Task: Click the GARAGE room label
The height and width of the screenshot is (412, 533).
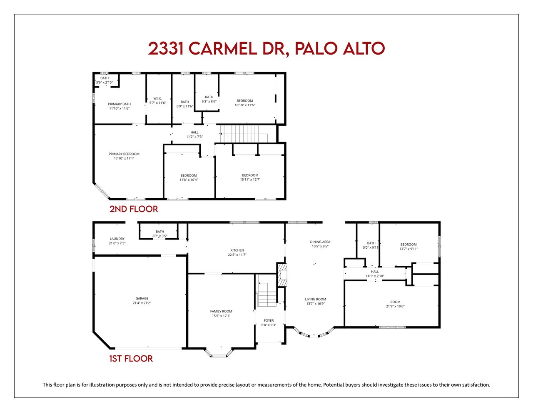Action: [142, 298]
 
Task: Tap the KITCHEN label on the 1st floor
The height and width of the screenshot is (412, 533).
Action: [237, 250]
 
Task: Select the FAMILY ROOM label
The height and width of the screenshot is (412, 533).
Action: [221, 311]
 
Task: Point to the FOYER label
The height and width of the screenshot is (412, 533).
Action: [269, 320]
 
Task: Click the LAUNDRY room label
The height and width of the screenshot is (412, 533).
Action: [117, 239]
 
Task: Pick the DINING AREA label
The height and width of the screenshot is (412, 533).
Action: [320, 242]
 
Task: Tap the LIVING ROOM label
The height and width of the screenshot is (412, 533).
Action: [315, 300]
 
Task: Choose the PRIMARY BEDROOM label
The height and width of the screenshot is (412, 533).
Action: [124, 154]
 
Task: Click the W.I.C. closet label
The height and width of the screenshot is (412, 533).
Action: [157, 98]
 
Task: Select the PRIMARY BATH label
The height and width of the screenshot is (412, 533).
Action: [119, 104]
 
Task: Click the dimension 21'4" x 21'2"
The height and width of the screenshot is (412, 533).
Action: [142, 303]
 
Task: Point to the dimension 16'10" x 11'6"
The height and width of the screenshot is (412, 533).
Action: [244, 105]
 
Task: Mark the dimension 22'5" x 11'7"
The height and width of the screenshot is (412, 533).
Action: [237, 255]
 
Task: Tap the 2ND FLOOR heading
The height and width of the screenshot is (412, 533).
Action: [133, 209]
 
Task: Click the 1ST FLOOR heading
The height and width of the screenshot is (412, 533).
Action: [131, 359]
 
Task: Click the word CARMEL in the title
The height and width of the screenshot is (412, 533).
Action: [222, 49]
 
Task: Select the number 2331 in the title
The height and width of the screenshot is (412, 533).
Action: [166, 49]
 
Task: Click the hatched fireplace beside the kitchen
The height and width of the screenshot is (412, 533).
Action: [282, 275]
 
